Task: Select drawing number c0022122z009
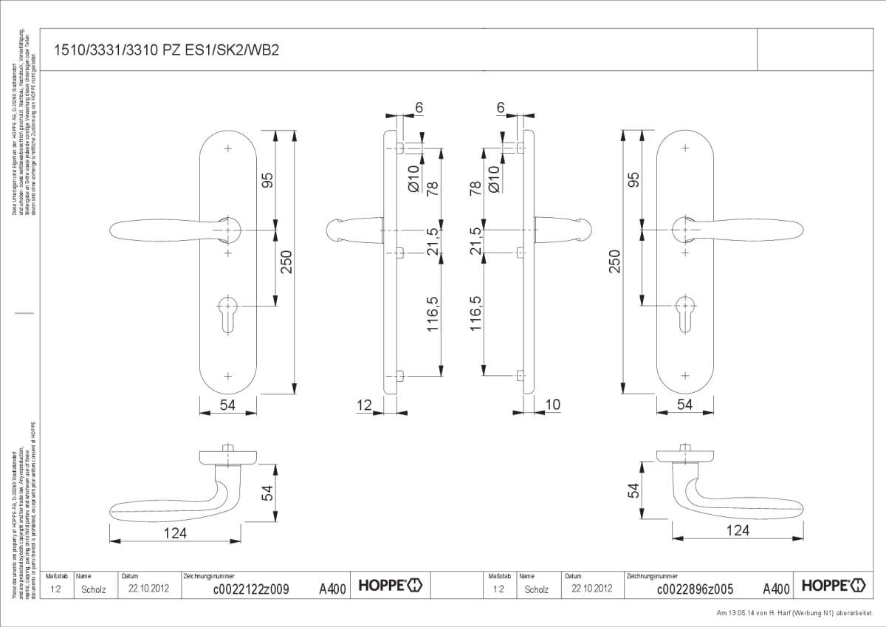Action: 250,589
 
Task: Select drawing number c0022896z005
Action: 694,589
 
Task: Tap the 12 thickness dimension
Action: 364,405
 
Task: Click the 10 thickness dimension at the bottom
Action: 552,405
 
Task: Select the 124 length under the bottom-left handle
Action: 174,532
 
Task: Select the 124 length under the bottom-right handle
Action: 738,530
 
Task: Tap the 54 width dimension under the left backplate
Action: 227,404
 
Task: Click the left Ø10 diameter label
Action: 413,179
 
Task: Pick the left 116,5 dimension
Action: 433,313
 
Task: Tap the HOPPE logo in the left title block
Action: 391,586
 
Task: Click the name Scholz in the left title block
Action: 94,589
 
